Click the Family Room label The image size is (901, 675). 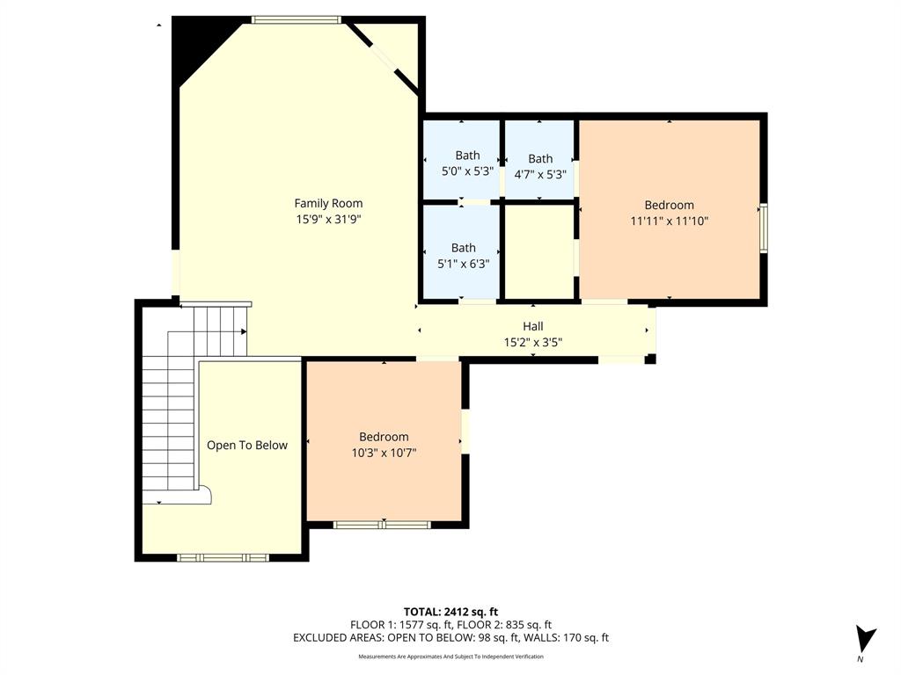pos(328,203)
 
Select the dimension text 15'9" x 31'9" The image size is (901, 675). pos(328,220)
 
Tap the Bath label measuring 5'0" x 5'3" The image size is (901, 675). pos(467,156)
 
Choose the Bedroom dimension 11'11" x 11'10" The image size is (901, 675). pos(669,221)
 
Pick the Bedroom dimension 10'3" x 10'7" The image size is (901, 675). pos(384,454)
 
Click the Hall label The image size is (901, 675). pos(533,326)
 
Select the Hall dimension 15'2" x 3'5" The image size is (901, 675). pos(533,342)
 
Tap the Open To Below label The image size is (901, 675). pos(247,445)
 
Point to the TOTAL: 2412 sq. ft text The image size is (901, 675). pos(450,612)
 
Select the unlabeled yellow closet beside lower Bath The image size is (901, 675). pos(538,251)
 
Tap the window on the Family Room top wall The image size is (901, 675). pos(296,19)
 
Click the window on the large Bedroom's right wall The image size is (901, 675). pos(764,228)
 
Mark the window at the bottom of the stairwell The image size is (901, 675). pos(223,557)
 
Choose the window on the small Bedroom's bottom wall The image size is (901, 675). pos(382,525)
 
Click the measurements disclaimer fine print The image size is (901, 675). pos(450,657)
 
